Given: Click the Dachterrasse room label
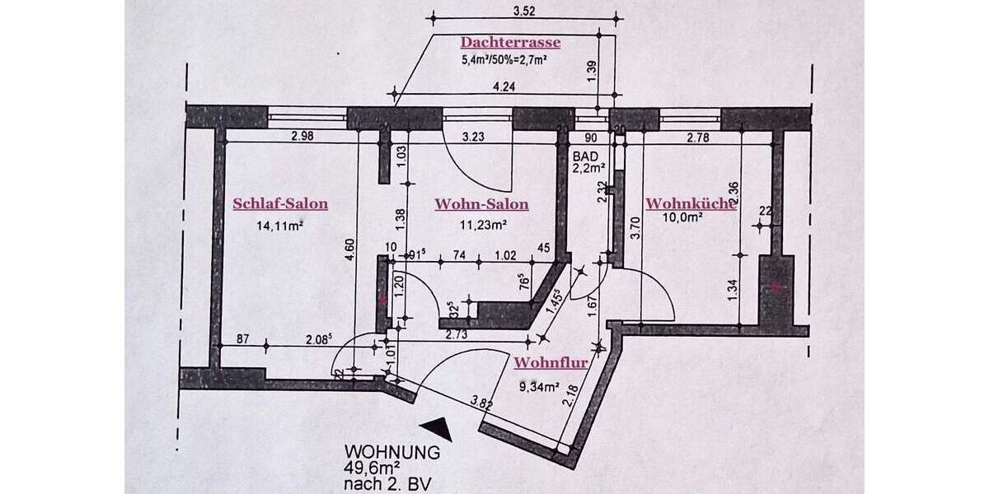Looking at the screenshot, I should click(510, 42).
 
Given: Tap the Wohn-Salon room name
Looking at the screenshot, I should click(482, 204).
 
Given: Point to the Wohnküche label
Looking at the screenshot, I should click(690, 203).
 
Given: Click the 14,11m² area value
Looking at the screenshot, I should click(280, 223).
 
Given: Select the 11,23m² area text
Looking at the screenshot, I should click(482, 223).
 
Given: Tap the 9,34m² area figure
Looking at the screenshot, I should click(538, 385).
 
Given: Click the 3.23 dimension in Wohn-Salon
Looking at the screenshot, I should click(472, 137).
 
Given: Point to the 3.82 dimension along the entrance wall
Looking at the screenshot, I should click(481, 403).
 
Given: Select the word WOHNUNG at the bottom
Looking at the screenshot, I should click(391, 452).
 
